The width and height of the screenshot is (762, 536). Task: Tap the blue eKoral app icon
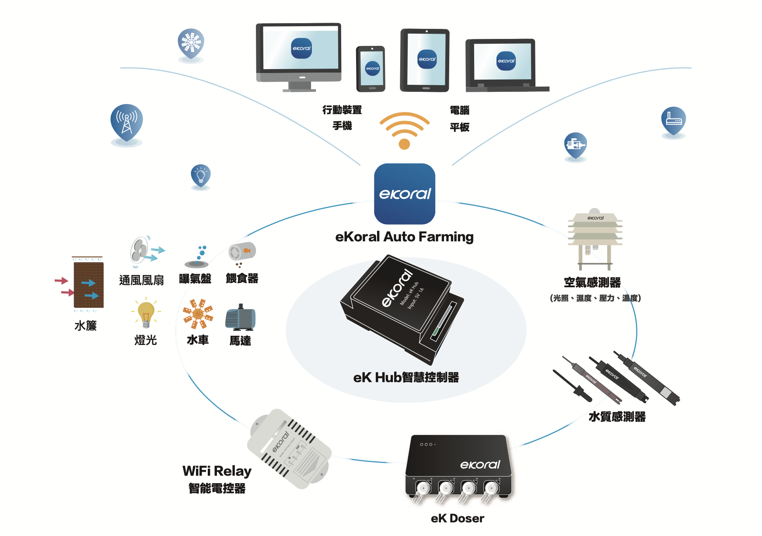pyautogui.click(x=404, y=194)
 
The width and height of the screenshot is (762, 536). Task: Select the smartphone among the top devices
pyautogui.click(x=371, y=69)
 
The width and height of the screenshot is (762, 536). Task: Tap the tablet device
pyautogui.click(x=425, y=60)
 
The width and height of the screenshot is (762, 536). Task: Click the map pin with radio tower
pyautogui.click(x=126, y=122)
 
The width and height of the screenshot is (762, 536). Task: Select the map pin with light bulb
pyautogui.click(x=201, y=176)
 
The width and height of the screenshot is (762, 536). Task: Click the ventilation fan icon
pyautogui.click(x=141, y=252)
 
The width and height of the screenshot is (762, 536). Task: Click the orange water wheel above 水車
pyautogui.click(x=198, y=313)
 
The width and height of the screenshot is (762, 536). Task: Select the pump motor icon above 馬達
pyautogui.click(x=240, y=318)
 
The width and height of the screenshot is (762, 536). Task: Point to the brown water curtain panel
pyautogui.click(x=88, y=285)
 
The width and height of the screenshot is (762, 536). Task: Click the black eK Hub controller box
pyautogui.click(x=400, y=308)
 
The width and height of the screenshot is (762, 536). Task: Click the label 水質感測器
pyautogui.click(x=617, y=417)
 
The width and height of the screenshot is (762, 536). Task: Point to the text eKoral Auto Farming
pyautogui.click(x=404, y=237)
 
